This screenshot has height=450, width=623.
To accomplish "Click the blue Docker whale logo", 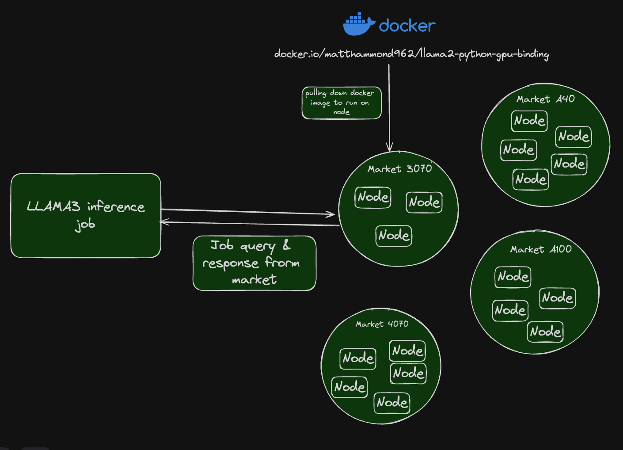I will [359, 25].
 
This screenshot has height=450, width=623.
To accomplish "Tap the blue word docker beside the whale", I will [407, 26].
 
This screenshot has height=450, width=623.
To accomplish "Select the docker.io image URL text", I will [411, 54].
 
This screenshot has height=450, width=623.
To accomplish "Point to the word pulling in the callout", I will [315, 93].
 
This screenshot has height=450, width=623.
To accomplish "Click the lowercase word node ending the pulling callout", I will [341, 112].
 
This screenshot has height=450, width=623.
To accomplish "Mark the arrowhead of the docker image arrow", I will [389, 148].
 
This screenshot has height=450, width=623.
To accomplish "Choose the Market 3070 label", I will [399, 169].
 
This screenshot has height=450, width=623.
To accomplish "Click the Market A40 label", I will [546, 99].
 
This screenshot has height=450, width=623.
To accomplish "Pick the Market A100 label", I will [541, 249].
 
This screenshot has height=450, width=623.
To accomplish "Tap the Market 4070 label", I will [382, 324].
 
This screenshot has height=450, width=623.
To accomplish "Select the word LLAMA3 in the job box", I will [53, 206].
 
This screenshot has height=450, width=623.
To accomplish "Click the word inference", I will [116, 206].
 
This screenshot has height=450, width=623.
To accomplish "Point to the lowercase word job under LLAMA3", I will [85, 225].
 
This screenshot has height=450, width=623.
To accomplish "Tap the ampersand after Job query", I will [286, 245].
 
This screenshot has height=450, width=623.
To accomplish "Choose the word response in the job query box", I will [230, 263].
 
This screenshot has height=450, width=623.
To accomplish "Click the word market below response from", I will [254, 280].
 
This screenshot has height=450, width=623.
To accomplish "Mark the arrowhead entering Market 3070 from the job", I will [331, 214].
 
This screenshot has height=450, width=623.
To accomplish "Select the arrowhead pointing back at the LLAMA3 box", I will [163, 222].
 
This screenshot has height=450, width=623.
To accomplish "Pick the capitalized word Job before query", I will [222, 245].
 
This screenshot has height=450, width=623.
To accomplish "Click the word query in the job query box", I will [258, 247].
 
